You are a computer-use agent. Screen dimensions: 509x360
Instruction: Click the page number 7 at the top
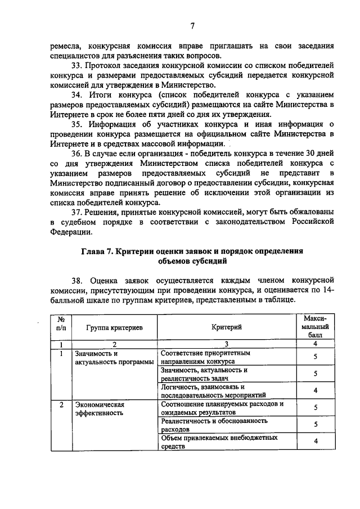point(192,26)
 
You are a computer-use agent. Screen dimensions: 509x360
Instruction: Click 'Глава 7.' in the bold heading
point(97,251)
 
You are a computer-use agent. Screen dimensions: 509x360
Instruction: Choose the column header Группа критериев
point(114,327)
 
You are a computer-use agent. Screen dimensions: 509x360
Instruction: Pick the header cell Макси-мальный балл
point(315,326)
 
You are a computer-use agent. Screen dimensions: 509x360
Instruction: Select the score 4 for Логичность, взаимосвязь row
point(316,390)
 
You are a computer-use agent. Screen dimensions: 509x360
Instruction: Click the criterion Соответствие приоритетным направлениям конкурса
point(205,357)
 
